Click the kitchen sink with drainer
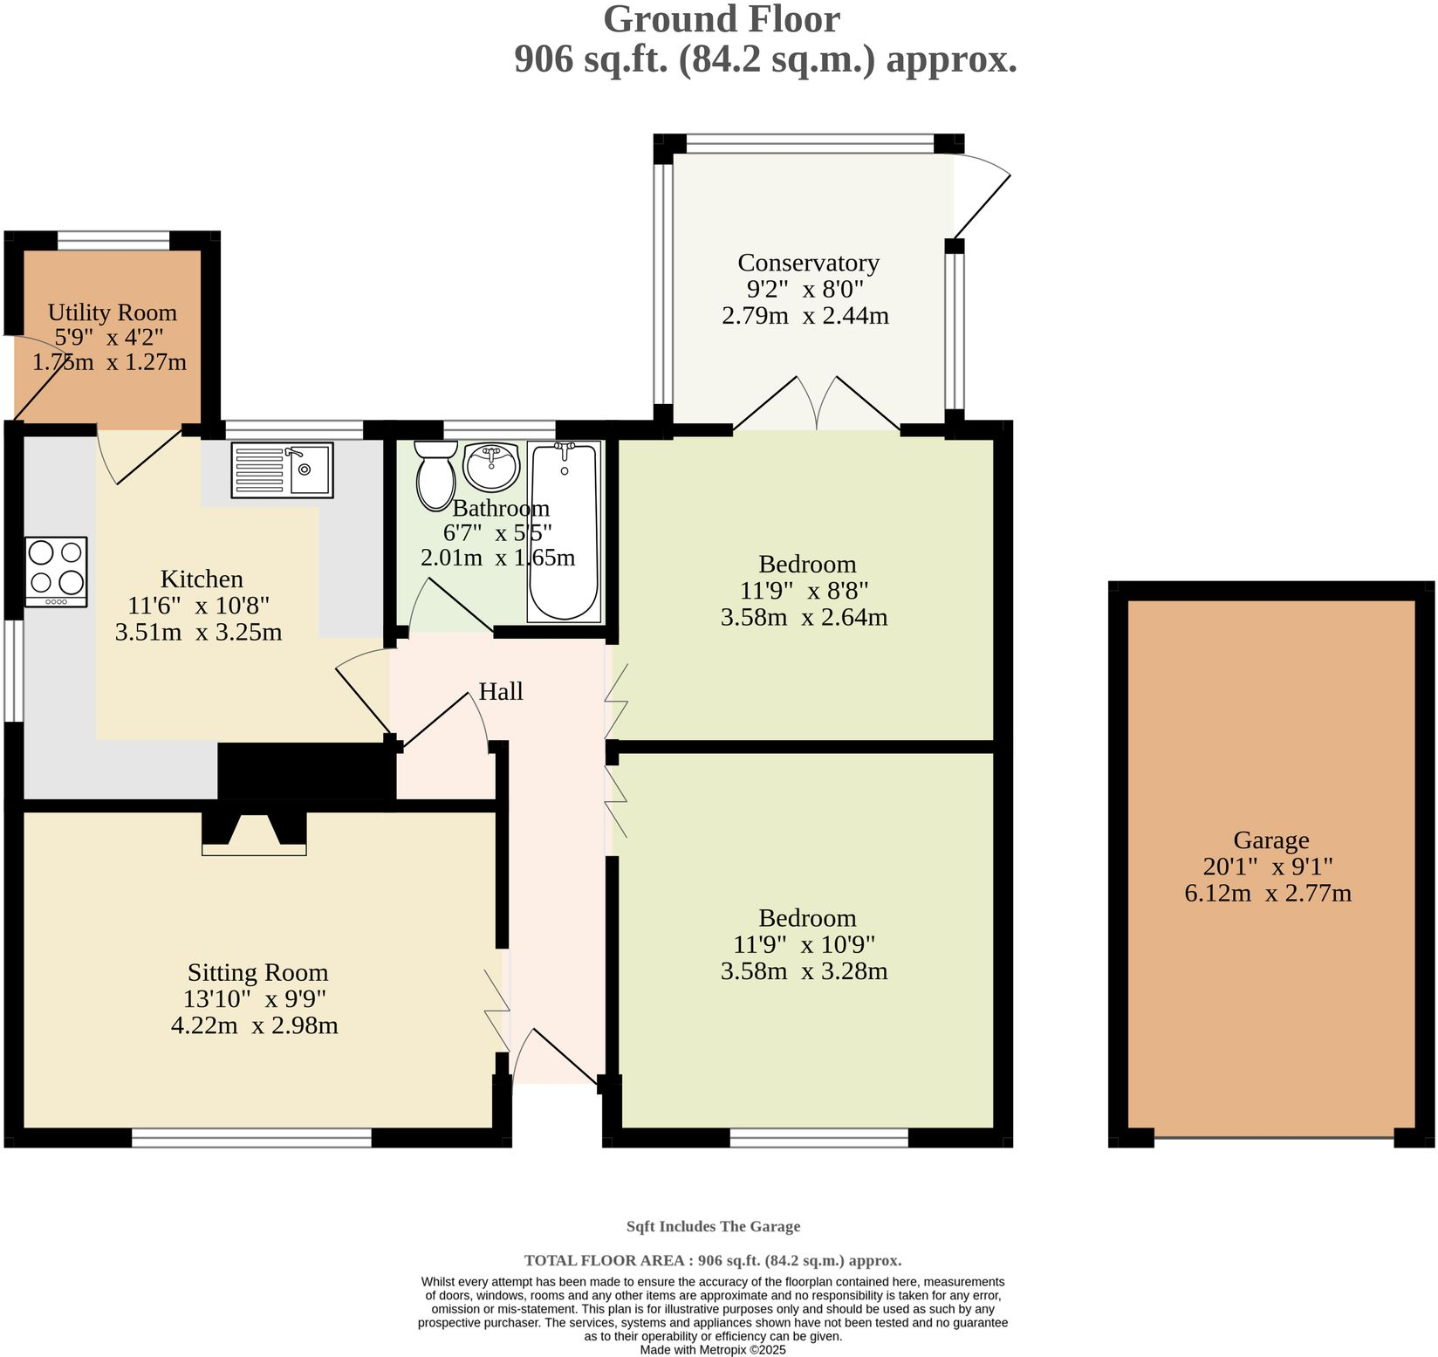[282, 470]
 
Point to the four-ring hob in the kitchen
[57, 571]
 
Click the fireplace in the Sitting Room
[254, 833]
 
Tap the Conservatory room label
[808, 263]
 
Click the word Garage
[1270, 840]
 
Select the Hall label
[501, 692]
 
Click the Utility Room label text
[112, 312]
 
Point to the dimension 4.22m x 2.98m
[254, 1025]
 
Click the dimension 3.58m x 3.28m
[804, 971]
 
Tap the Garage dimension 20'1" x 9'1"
[1267, 867]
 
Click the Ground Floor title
[721, 20]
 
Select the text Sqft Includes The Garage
[713, 1226]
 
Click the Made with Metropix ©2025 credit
[713, 1349]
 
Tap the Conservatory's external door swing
[982, 196]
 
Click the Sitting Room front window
[251, 1137]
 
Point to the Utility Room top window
[113, 240]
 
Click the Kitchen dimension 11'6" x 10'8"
[198, 606]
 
